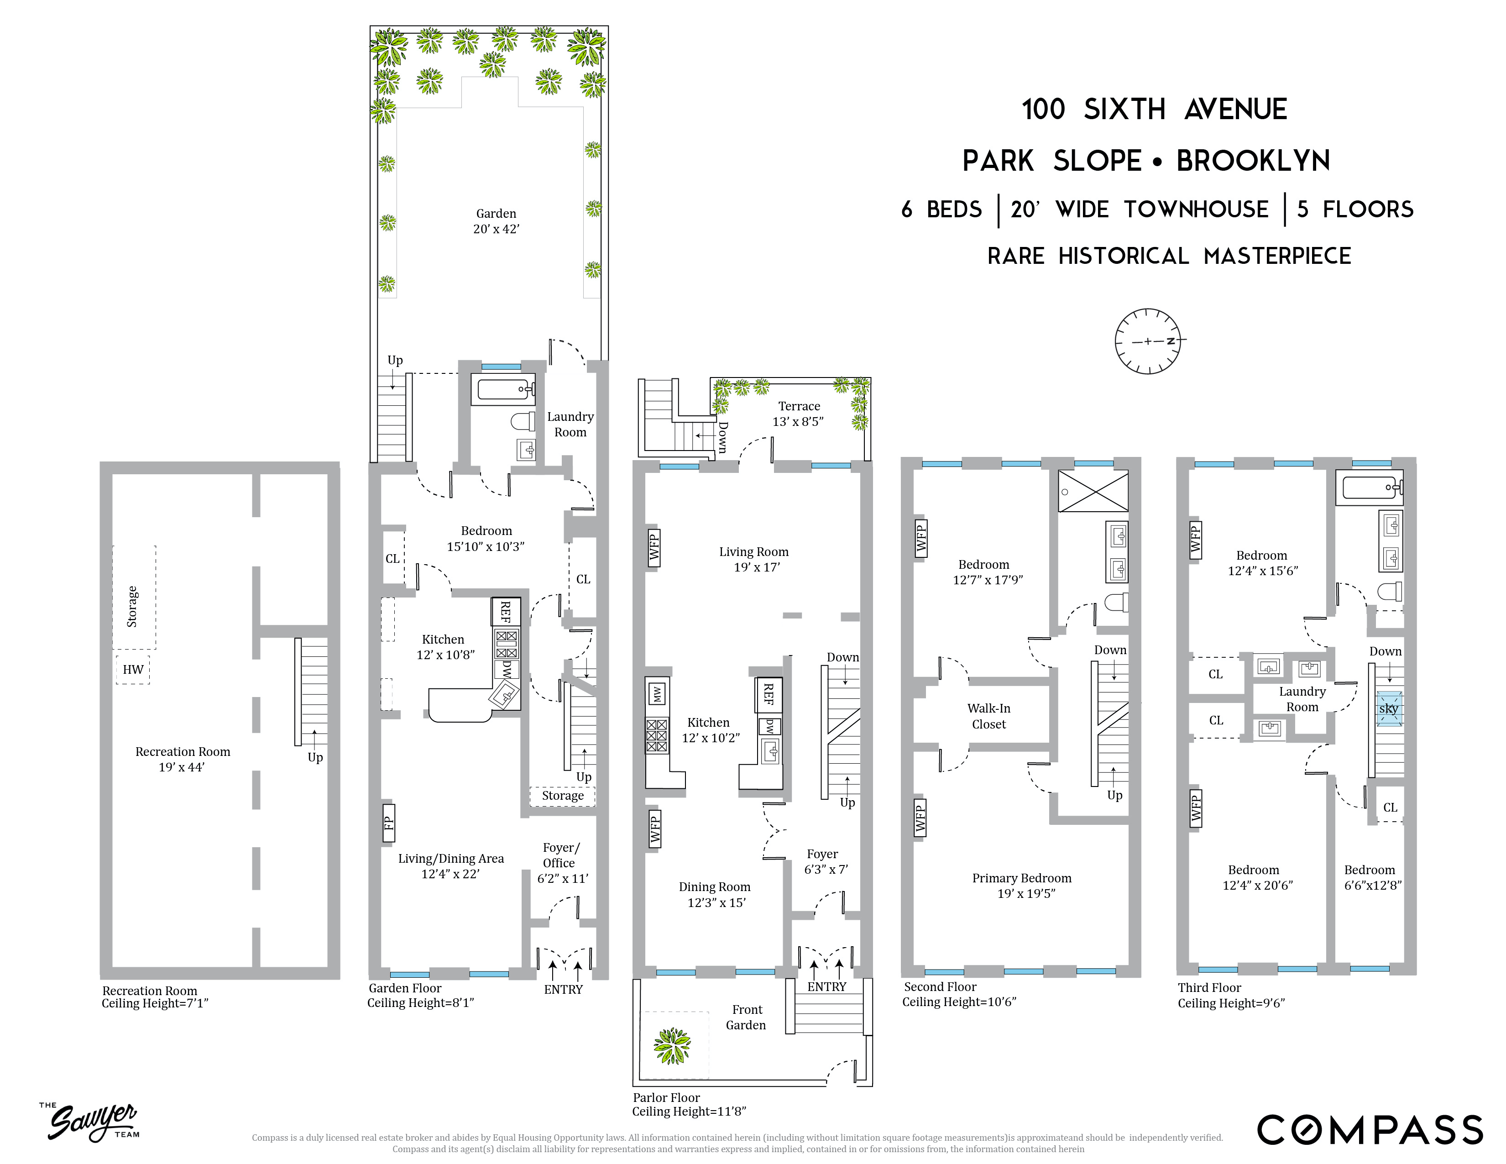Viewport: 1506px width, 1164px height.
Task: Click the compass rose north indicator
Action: click(x=1170, y=341)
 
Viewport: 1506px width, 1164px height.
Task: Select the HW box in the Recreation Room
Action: click(x=133, y=669)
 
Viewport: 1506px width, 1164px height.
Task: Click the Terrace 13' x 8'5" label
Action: click(x=799, y=414)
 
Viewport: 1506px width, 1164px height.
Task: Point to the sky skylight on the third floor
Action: click(x=1389, y=709)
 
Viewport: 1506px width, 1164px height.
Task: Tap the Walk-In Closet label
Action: click(x=989, y=716)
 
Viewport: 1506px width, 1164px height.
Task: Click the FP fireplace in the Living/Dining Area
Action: click(x=389, y=823)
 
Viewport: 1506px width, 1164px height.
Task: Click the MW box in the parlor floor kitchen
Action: click(x=656, y=694)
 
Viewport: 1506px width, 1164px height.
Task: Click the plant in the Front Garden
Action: click(x=672, y=1045)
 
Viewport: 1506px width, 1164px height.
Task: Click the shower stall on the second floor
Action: click(x=1093, y=491)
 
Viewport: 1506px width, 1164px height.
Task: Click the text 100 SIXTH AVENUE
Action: click(x=1154, y=110)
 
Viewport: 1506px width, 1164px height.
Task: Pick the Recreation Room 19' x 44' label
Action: click(x=183, y=759)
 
